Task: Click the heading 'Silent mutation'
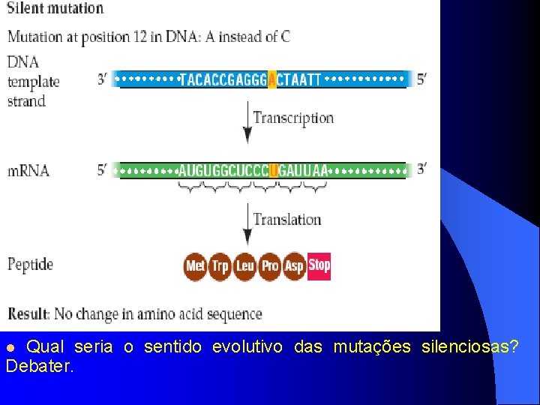pos(55,9)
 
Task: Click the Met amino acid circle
pos(196,265)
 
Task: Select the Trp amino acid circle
pos(220,265)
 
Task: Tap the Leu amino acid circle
pos(244,265)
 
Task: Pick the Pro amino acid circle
pos(269,265)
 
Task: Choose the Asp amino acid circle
pos(294,265)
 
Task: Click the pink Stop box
pos(319,265)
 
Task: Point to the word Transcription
pos(293,118)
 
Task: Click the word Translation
pos(287,220)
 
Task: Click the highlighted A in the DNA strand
pos(271,79)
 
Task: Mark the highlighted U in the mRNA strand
pos(274,170)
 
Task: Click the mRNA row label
pos(28,170)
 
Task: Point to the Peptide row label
pos(31,264)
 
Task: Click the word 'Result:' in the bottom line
pos(29,314)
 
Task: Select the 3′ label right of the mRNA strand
pos(421,169)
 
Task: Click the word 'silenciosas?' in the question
pos(470,347)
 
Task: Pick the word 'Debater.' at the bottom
pos(40,367)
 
